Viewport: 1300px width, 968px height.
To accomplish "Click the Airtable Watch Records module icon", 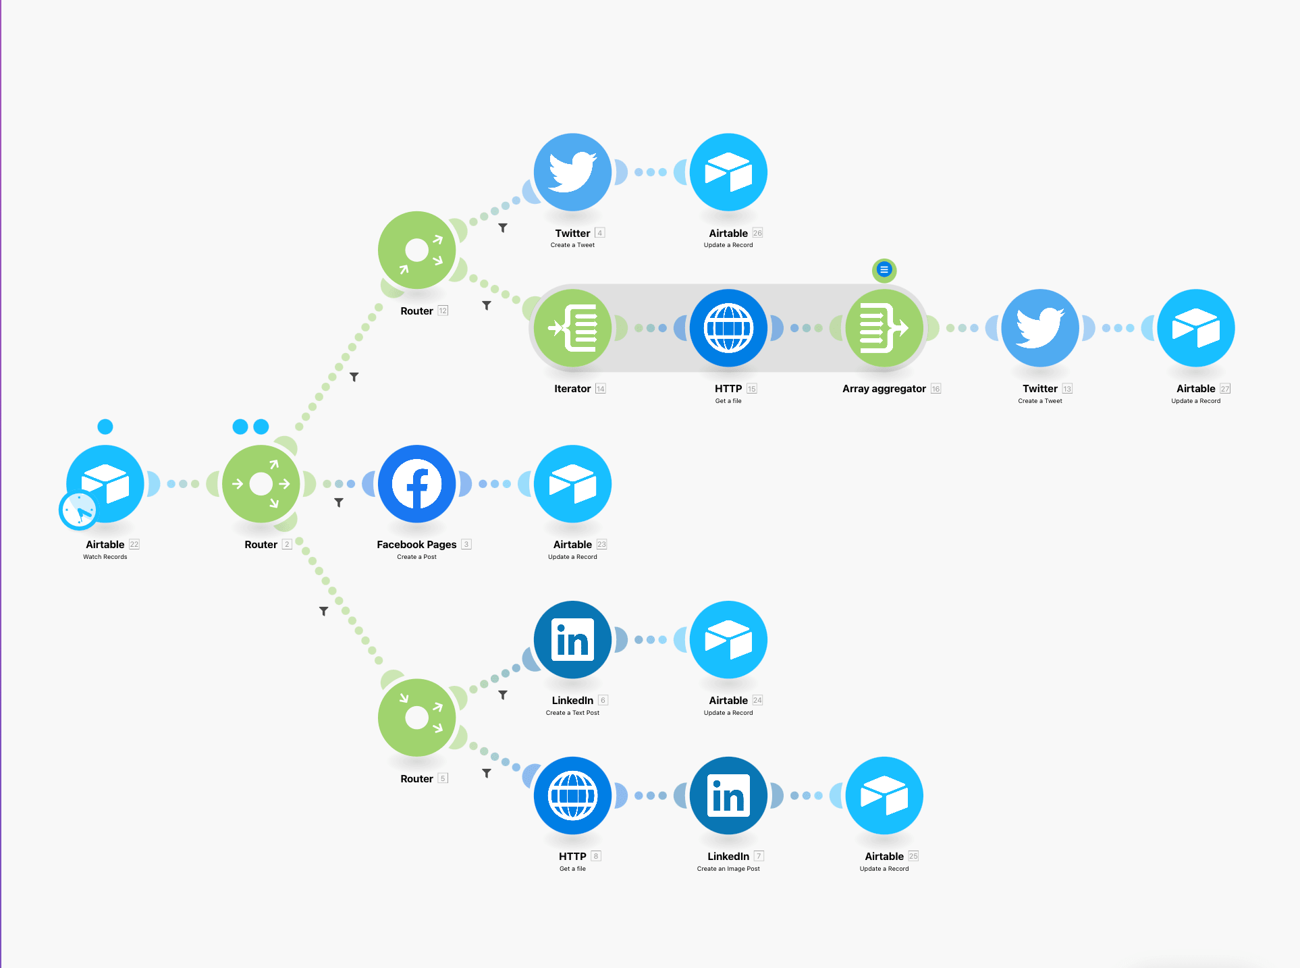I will pos(105,483).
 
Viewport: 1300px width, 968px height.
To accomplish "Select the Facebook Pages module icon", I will pos(417,483).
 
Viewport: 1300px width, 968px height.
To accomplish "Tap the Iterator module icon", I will pos(572,328).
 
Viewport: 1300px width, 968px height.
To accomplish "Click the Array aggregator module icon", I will pos(884,328).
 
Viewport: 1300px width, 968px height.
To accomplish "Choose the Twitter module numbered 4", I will pos(572,172).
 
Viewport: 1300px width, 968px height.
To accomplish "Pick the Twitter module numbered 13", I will pos(1040,328).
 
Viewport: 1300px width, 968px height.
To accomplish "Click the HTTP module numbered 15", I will pos(728,328).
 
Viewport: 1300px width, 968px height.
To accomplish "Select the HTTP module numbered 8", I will pos(572,796).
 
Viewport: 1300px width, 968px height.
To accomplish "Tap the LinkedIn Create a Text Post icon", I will pos(572,640).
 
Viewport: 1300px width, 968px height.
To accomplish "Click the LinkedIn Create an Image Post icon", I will pos(728,796).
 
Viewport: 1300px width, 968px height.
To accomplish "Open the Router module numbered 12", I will pos(417,250).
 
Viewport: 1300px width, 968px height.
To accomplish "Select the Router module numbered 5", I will pos(417,718).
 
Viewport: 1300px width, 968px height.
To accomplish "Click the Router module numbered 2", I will pos(261,483).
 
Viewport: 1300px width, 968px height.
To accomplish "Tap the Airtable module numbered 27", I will pos(1196,328).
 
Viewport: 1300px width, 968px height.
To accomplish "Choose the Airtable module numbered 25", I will pos(884,796).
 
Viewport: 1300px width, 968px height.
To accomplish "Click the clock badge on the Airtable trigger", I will pos(78,510).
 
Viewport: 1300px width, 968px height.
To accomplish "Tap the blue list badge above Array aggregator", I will pos(884,270).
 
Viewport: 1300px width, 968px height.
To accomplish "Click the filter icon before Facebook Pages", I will pos(339,503).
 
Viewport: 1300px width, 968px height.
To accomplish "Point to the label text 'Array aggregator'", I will pos(884,389).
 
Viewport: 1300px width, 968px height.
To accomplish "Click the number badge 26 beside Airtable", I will pos(757,233).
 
